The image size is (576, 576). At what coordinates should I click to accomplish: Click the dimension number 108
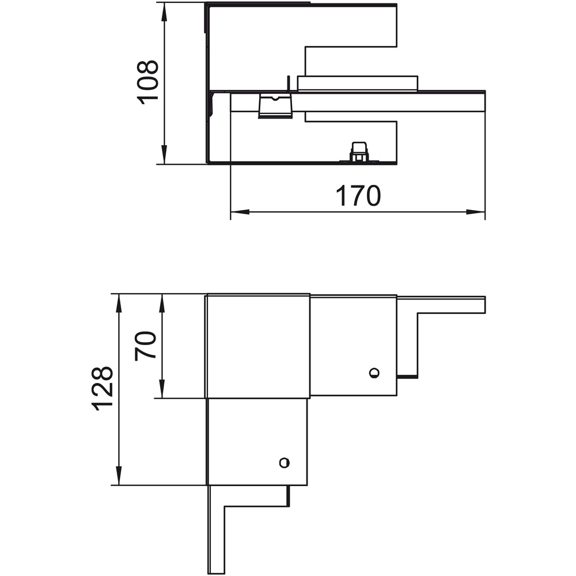pos(147,82)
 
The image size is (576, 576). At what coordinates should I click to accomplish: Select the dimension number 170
pos(358,196)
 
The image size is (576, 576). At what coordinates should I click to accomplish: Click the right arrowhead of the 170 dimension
pos(475,212)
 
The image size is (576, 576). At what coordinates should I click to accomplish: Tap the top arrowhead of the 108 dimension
pos(164,13)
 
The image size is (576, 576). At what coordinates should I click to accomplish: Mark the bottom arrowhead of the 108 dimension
pos(164,154)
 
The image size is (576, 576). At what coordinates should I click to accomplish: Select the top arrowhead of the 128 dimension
pos(118,304)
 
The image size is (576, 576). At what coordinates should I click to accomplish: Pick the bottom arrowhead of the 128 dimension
pos(118,475)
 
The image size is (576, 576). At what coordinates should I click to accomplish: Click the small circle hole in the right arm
pos(374,373)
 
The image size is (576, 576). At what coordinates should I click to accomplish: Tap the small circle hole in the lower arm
pos(285,463)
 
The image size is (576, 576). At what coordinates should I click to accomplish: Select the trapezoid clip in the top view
pos(275,106)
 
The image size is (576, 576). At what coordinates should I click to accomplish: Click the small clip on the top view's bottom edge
pos(359,152)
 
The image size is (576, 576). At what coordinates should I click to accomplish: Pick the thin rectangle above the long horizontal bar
pos(358,84)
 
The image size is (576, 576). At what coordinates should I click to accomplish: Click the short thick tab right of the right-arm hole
pos(407,377)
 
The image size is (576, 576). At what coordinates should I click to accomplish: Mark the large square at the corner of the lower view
pos(258,346)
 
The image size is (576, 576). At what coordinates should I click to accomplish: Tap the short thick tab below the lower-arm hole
pos(289,496)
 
